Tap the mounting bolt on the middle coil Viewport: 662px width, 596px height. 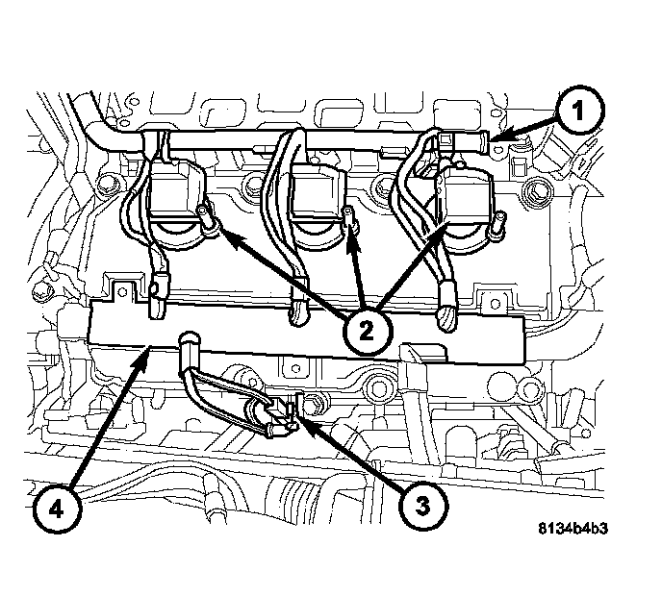(351, 220)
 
